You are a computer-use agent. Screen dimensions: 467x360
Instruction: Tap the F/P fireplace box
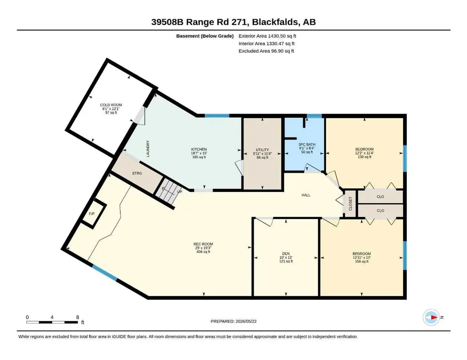coord(94,213)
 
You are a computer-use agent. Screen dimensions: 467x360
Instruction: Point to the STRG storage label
coord(137,173)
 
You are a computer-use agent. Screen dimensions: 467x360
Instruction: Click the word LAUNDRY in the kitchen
coord(148,149)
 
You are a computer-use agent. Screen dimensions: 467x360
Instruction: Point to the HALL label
coord(306,195)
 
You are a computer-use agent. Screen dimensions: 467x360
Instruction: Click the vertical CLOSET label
coord(350,204)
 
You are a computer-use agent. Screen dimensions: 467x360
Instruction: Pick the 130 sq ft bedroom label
coord(364,153)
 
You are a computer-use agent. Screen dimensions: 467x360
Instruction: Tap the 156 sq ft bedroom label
coord(362,257)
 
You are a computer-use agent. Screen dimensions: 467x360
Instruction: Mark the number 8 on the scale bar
coord(78,317)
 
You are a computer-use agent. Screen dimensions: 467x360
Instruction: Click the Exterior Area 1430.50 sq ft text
coord(267,36)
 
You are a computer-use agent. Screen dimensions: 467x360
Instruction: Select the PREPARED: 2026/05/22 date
coord(233,321)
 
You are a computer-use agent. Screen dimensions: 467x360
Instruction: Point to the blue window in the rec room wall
coord(104,273)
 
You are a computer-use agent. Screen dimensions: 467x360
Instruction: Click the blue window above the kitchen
coord(217,115)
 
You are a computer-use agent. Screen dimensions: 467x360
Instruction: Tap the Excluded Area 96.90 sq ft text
coord(266,51)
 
